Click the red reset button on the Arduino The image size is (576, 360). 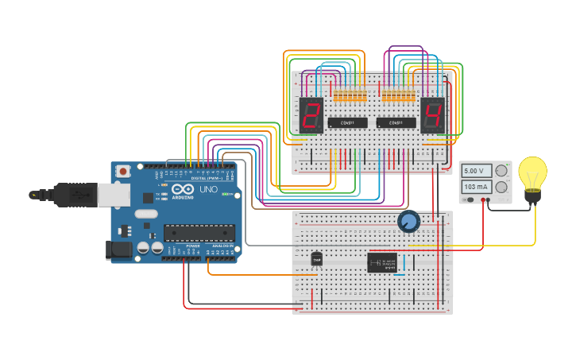(124, 171)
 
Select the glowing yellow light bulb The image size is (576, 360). (532, 176)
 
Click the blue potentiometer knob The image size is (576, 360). (408, 222)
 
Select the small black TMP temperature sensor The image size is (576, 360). (317, 259)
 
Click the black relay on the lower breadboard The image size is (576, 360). (382, 261)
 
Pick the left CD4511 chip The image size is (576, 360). (347, 122)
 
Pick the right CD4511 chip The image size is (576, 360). (396, 122)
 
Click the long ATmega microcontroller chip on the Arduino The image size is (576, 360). (199, 232)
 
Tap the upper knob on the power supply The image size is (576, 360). (501, 171)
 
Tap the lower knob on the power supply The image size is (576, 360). (501, 187)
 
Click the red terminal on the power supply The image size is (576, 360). (485, 201)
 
